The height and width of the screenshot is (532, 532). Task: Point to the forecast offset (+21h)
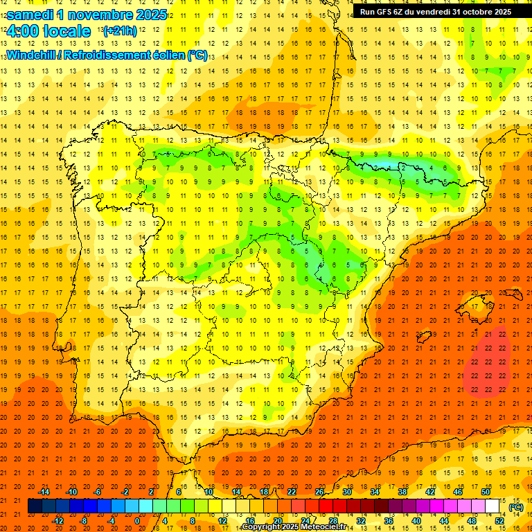coord(120,31)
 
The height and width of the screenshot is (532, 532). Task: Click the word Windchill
coord(30,55)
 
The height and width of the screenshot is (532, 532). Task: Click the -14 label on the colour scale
coord(44,492)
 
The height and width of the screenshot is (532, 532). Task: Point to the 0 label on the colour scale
coord(137,520)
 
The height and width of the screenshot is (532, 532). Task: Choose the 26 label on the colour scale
coord(319,492)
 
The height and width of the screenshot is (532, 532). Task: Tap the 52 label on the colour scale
coord(499,520)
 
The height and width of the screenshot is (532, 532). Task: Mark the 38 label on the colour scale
coord(402,492)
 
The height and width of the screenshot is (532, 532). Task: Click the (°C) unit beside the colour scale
coord(515,507)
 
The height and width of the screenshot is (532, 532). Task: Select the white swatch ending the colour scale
coord(493,506)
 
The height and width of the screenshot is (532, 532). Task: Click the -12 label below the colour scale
coord(58,520)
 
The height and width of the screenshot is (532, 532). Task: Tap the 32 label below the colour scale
coord(361,520)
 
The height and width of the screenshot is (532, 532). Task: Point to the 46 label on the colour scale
coord(458,492)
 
